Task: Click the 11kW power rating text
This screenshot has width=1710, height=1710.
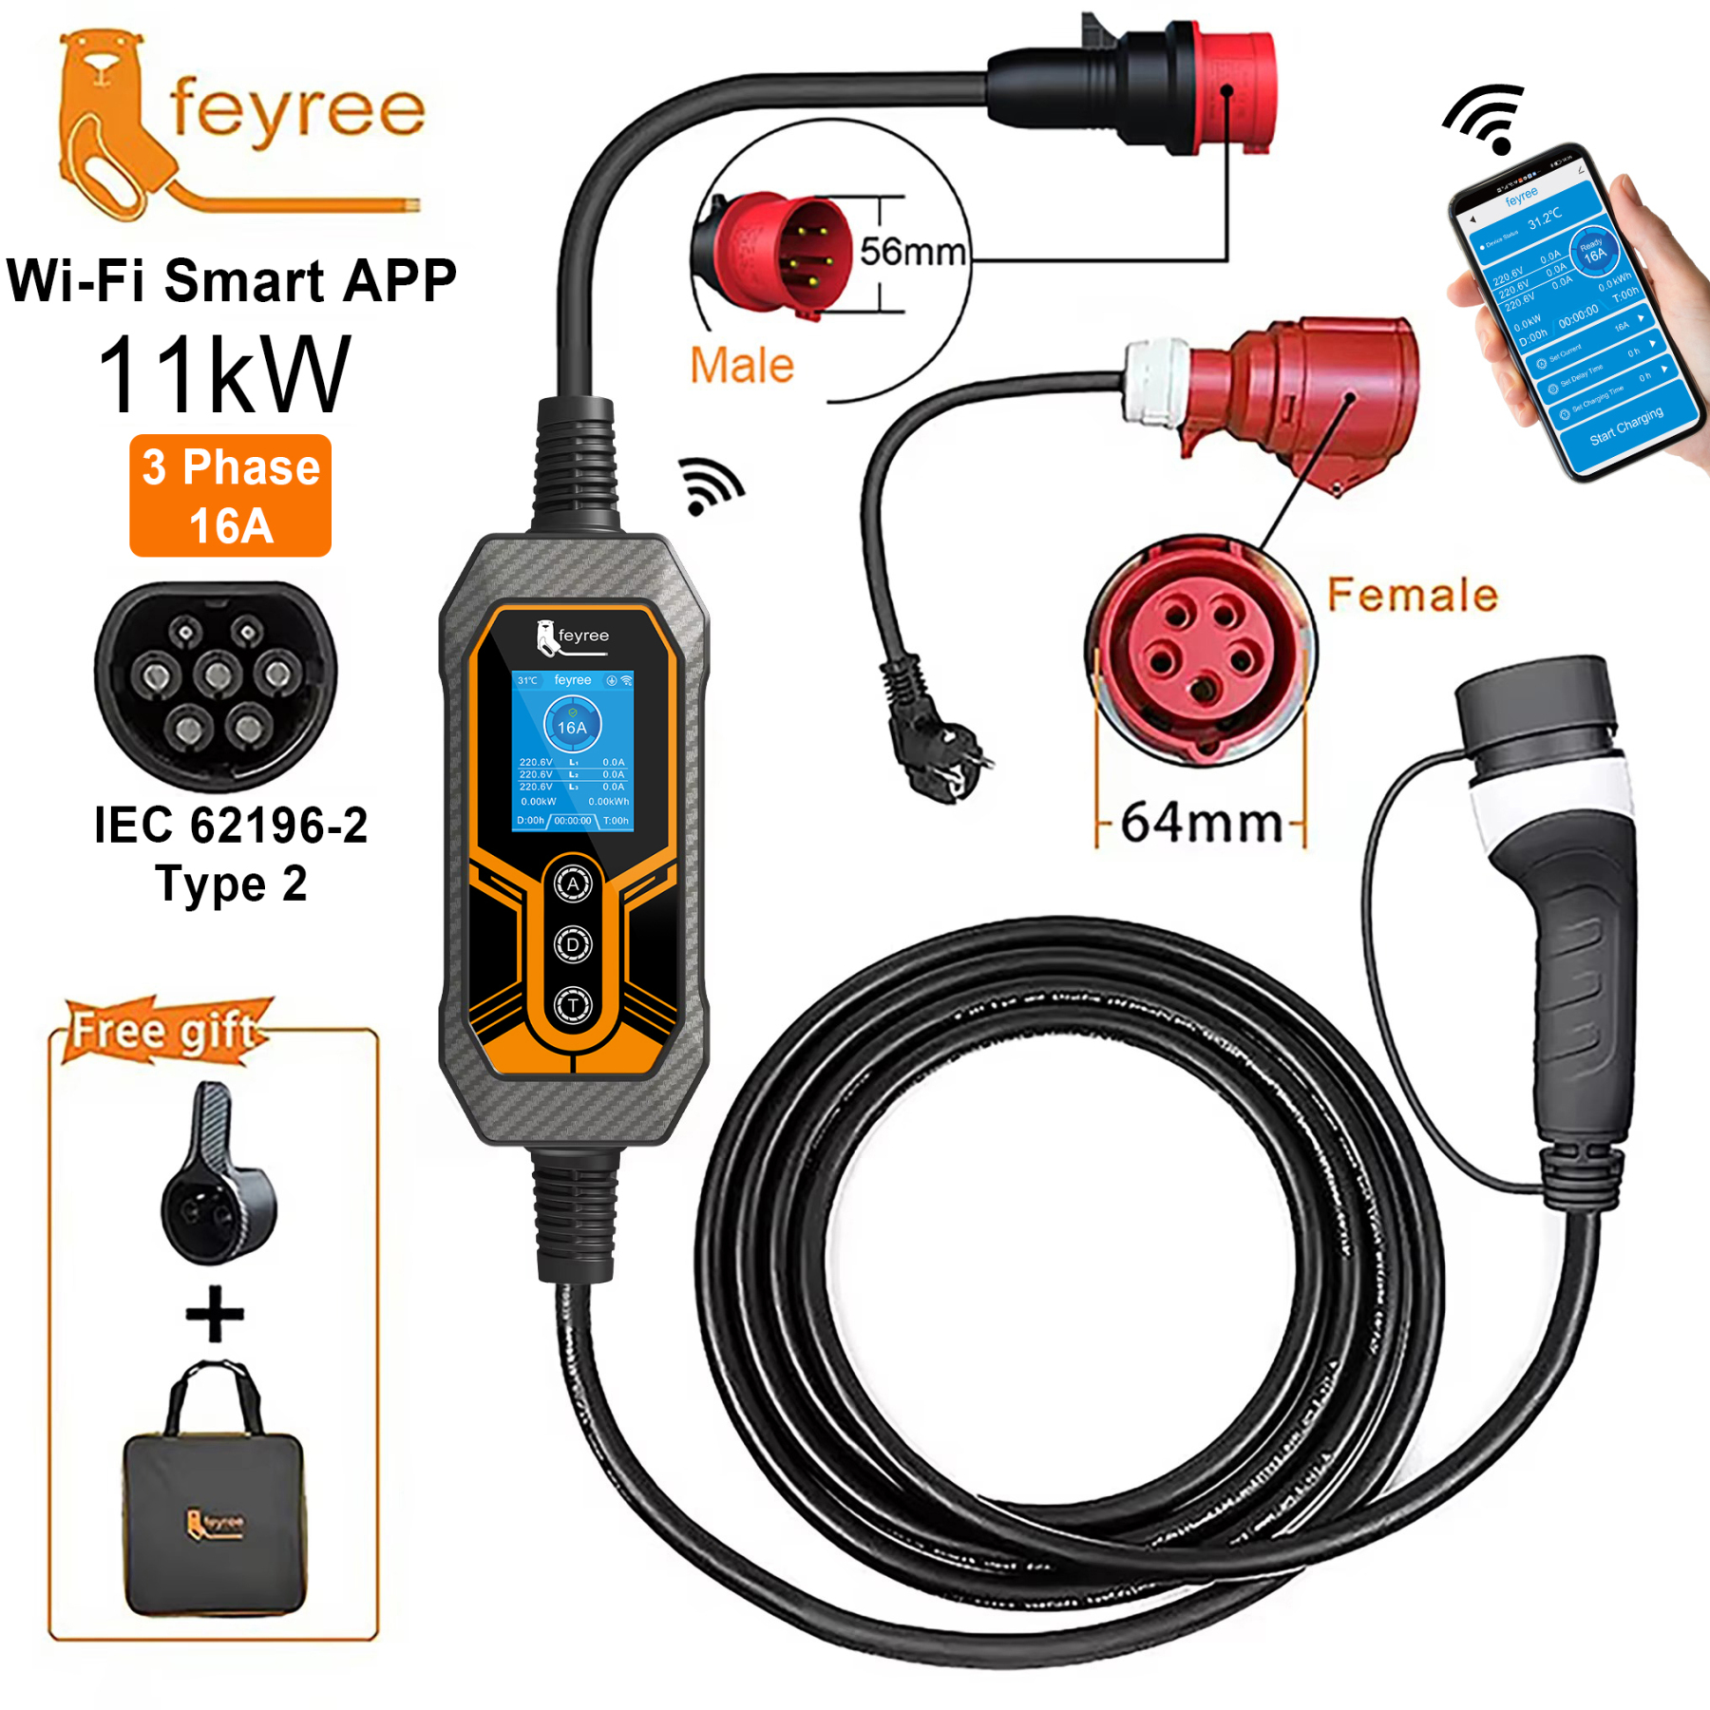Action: (x=224, y=375)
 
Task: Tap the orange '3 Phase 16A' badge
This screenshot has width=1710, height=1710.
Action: (x=231, y=495)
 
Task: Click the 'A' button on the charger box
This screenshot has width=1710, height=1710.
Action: (x=573, y=884)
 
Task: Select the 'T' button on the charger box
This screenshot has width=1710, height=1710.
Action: (x=573, y=1005)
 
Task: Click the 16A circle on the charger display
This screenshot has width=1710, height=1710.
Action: (x=572, y=727)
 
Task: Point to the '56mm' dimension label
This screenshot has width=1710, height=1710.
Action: (x=912, y=252)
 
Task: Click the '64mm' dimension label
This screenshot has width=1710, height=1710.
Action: (x=1201, y=823)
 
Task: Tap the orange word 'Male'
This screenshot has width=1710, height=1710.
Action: (x=741, y=366)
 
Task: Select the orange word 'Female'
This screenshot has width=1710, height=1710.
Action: (x=1412, y=595)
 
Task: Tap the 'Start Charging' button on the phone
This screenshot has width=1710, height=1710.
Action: (x=1625, y=426)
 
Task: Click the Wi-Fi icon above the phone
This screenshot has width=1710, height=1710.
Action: (x=1487, y=118)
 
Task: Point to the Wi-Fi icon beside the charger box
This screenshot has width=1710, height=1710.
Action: (x=710, y=486)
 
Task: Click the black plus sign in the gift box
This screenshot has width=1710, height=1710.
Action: (x=215, y=1314)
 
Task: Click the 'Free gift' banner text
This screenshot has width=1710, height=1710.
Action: (x=163, y=1031)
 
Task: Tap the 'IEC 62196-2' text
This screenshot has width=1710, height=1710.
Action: (x=231, y=825)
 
